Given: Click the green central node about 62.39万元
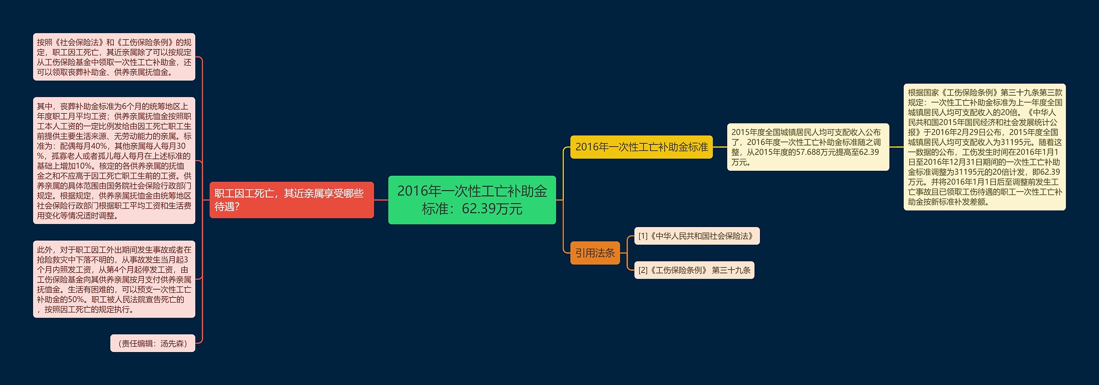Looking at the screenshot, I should point(472,200).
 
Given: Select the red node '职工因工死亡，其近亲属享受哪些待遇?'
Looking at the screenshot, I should point(291,200).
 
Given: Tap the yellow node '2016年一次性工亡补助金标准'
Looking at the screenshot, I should point(641,147).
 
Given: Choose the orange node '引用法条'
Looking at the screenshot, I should point(595,253).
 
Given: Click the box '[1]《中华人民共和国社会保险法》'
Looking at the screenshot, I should point(696,236).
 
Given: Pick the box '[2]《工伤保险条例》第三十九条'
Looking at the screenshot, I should point(694,270).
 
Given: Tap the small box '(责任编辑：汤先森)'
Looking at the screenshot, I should point(152,343).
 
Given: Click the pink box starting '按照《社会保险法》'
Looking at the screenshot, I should point(114,57).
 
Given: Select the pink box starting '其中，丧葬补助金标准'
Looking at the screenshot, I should point(114,161).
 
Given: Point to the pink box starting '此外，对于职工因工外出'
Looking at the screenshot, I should point(114,279).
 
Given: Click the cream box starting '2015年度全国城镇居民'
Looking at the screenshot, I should point(808,147).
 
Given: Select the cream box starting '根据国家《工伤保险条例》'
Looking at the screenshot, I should point(984,147).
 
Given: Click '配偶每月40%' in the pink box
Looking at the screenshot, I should point(84,146).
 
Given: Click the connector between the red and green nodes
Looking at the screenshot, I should point(381,200).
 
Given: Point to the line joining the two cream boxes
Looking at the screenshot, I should point(896,147).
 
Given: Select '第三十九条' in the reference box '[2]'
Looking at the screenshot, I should point(731,270).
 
